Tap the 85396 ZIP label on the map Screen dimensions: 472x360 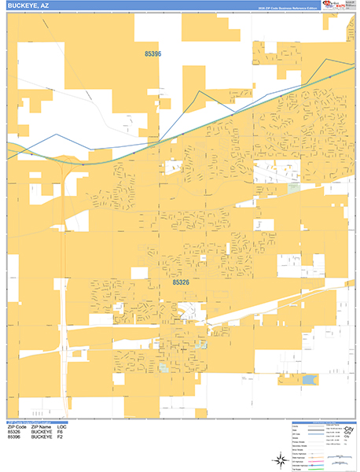(153, 53)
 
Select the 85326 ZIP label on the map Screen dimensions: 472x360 (180, 282)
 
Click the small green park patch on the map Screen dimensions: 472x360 (293, 188)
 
